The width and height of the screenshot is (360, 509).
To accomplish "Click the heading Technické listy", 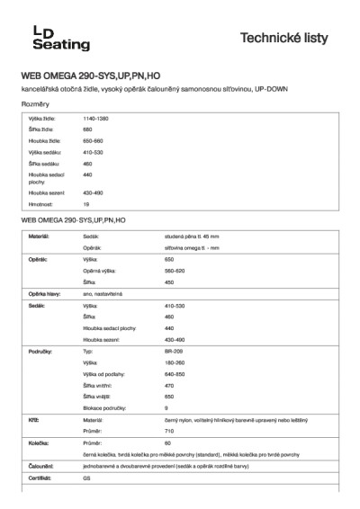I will (x=291, y=38).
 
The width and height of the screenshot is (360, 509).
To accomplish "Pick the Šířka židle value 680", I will (x=87, y=130).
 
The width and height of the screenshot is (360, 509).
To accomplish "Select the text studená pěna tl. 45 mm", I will (x=168, y=236).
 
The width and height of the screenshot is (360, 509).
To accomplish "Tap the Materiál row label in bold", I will (x=39, y=236).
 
